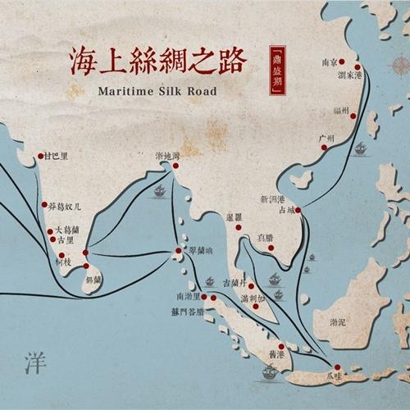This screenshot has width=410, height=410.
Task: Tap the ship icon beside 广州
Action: point(360,148)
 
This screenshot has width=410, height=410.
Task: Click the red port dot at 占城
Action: point(298,211)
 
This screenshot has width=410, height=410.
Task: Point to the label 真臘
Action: point(265,237)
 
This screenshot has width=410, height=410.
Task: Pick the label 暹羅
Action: point(234,217)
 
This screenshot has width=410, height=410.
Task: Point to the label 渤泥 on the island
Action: point(337,322)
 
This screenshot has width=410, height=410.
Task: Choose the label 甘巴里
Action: point(57,155)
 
